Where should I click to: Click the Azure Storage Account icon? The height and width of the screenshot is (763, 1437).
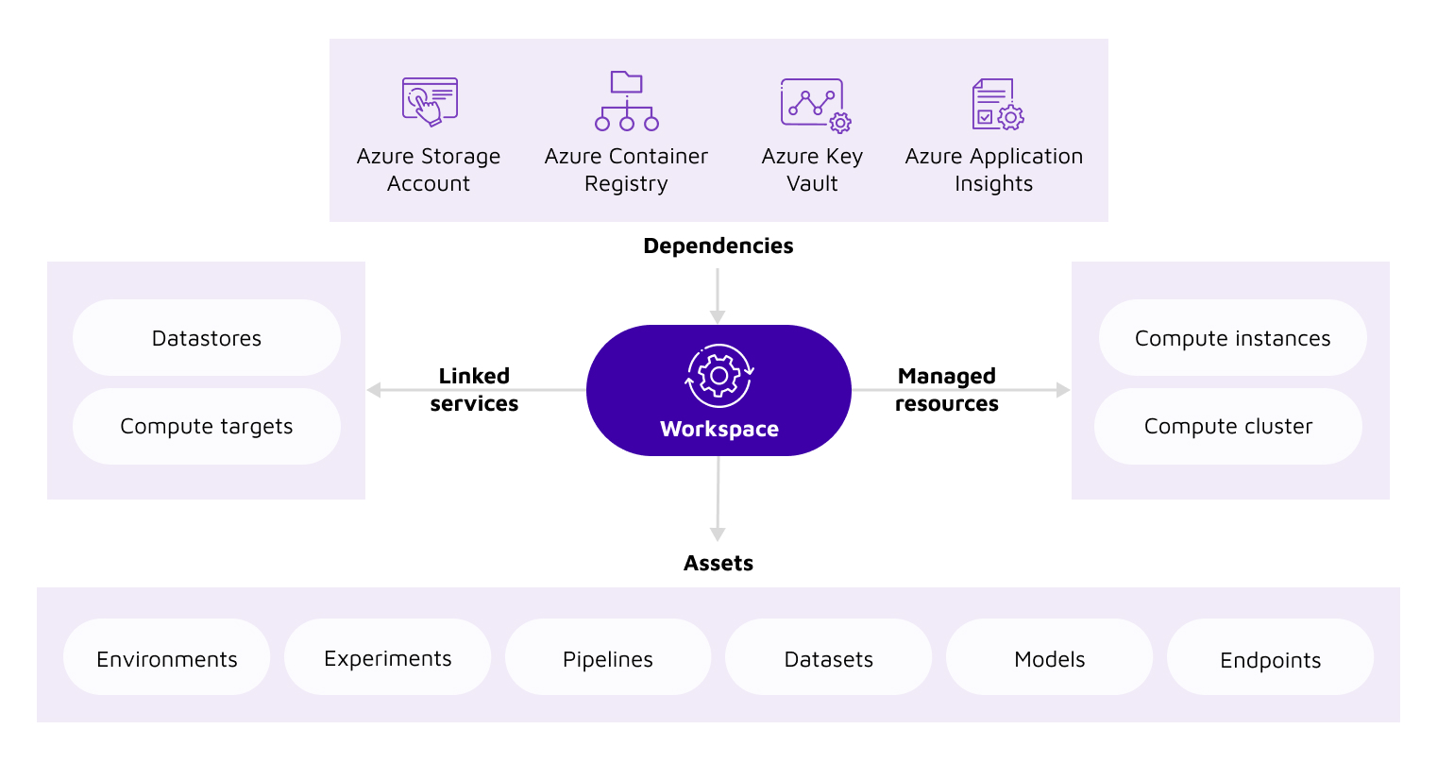click(x=430, y=101)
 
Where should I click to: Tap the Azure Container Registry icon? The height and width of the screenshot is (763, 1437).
click(x=626, y=101)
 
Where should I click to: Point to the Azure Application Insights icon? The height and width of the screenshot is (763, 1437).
click(x=997, y=104)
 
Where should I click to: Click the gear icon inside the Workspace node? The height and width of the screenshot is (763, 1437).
click(x=718, y=376)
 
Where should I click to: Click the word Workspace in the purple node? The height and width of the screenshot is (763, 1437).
click(x=719, y=429)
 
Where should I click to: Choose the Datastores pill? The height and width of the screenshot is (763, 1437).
click(x=207, y=338)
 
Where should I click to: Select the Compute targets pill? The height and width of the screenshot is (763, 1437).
click(x=207, y=426)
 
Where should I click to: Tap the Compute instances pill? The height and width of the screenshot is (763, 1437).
click(x=1232, y=338)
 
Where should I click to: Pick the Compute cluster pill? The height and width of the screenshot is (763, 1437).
click(x=1227, y=426)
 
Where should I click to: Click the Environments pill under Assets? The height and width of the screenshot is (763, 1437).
click(x=167, y=658)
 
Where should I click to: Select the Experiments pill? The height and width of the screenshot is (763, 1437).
click(x=387, y=657)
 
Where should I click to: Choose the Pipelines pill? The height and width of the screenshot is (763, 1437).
click(x=608, y=658)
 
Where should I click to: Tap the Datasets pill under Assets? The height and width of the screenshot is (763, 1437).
click(x=829, y=658)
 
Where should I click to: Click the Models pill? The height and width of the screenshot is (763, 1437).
click(x=1049, y=658)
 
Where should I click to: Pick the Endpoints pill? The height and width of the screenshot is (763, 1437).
click(x=1270, y=659)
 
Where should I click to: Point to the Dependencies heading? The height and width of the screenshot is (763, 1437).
click(x=718, y=246)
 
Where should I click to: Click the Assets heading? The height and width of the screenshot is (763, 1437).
click(x=718, y=563)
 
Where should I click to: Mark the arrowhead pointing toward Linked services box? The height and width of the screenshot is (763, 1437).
click(x=374, y=390)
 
